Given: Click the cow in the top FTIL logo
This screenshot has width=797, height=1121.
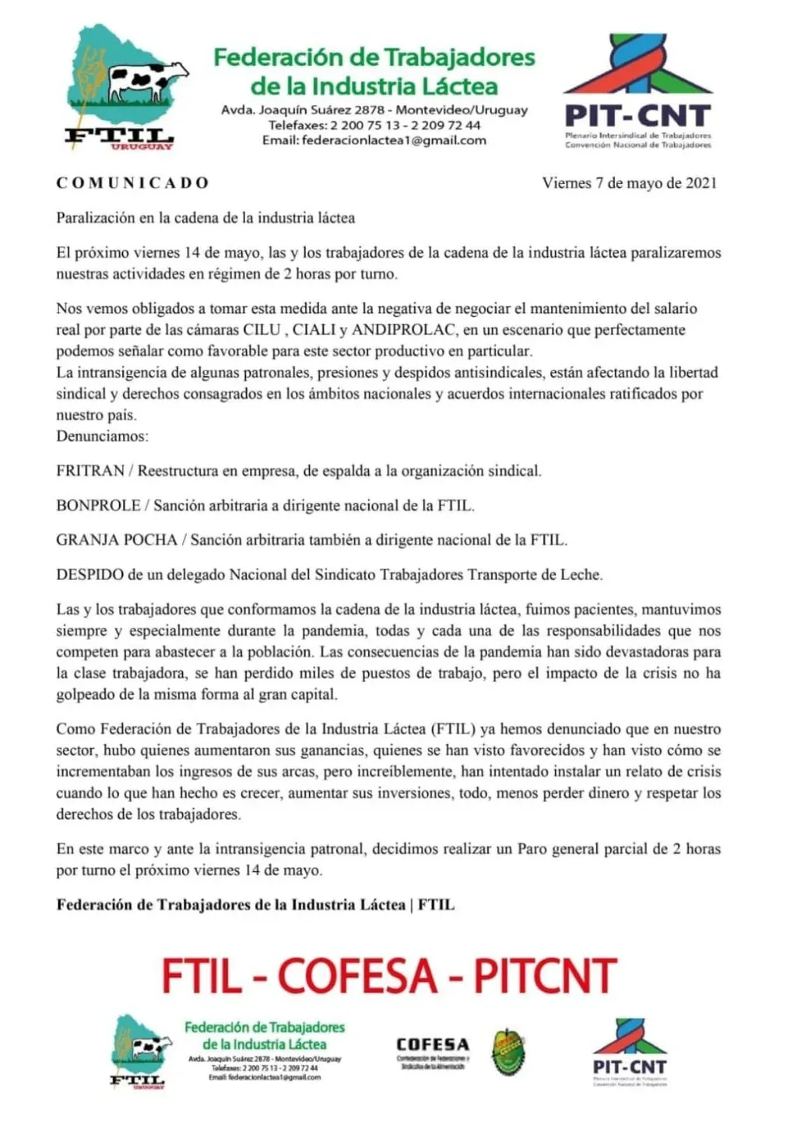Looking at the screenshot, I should point(147,81).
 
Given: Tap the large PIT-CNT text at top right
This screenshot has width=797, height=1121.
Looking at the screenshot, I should point(637,116).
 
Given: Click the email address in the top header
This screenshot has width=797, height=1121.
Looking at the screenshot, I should point(394,141).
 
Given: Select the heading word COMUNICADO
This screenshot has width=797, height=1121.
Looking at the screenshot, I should point(132,183).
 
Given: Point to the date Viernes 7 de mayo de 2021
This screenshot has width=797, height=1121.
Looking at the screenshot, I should point(629,183).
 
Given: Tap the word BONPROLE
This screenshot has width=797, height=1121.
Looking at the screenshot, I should point(98,506).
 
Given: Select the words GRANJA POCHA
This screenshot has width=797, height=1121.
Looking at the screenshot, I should point(117,540).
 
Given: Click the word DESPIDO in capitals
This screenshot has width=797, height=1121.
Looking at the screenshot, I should point(90,575).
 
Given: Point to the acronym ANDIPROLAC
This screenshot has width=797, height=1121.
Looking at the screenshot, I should point(404,330).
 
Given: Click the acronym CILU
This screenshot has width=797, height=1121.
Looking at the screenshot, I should point(262,330).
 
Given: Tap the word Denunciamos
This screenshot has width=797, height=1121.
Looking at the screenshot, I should point(102,437).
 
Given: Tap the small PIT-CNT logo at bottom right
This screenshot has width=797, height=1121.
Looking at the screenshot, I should point(630,1051).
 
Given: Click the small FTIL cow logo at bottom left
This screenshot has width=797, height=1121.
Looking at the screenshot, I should point(141,1050).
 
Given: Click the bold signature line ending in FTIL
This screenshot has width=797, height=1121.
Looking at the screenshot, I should point(255,905).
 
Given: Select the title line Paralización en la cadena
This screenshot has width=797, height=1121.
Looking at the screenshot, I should point(205,218).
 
